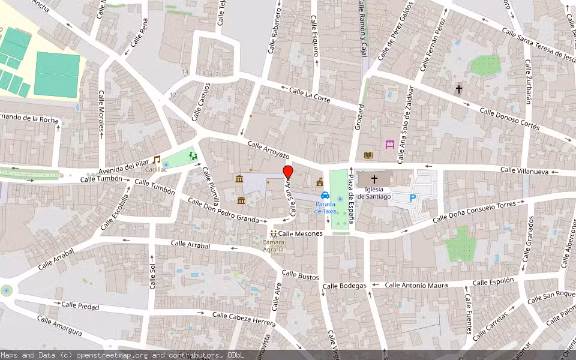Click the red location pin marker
(x=287, y=172)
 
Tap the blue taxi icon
(x=325, y=194)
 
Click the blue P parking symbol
(x=412, y=197)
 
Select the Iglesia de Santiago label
(x=374, y=193)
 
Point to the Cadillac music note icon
(x=157, y=160)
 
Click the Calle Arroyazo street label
(x=268, y=150)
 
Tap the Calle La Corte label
(x=310, y=94)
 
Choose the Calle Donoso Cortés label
(x=510, y=120)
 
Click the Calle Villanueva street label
(x=525, y=171)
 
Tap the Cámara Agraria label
(x=274, y=246)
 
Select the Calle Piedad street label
(x=80, y=305)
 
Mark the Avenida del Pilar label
(x=124, y=166)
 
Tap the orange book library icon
(x=368, y=155)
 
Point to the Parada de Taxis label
(x=326, y=208)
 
